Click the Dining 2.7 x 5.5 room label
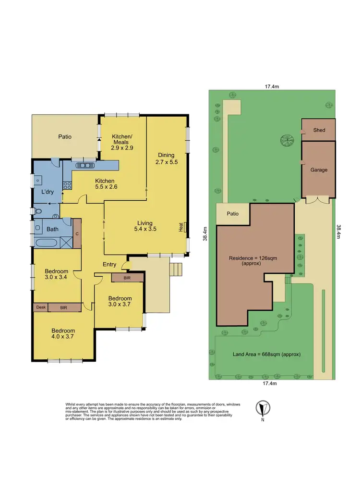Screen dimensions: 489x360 point(166,159)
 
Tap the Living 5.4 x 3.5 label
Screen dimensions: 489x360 point(144,226)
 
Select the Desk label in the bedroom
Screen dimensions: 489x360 point(40,307)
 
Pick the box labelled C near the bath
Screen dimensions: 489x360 point(77,234)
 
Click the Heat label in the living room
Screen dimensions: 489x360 point(181,227)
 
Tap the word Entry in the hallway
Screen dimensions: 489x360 point(109,264)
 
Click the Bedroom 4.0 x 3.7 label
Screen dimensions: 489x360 point(63,334)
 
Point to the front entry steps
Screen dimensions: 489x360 point(177,270)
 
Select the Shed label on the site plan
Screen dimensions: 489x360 point(319,130)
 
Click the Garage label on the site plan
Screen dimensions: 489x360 point(319,170)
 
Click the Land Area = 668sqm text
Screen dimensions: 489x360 point(266,355)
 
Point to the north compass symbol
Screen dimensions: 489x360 point(262,408)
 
